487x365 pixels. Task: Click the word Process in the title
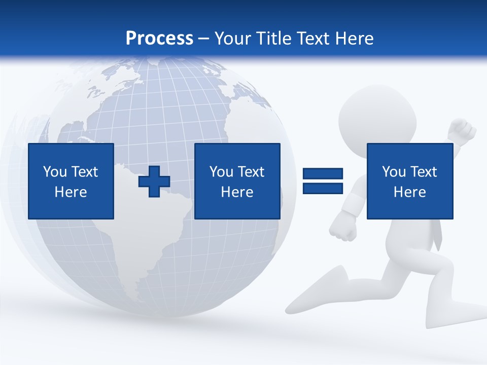point(159,39)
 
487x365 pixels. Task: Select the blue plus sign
point(154,181)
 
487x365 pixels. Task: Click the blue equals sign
point(323,181)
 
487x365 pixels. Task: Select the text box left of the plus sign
point(71,181)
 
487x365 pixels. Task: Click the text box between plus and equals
point(237,181)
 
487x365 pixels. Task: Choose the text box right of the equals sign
point(409,181)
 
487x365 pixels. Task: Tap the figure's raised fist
point(462,131)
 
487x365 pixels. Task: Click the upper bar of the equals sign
point(323,174)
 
